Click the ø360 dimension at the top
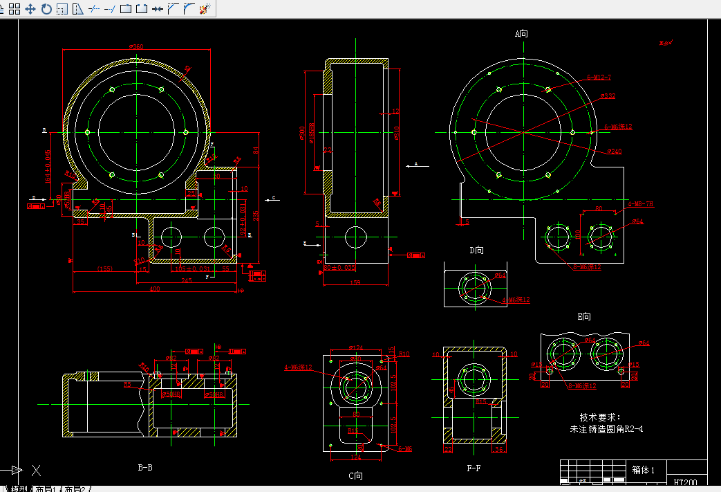(136, 47)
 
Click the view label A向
(521, 33)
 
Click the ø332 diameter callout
(607, 96)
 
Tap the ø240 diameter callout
(614, 151)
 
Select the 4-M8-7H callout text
(640, 205)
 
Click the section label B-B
(145, 468)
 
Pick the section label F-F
(474, 468)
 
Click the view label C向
(356, 475)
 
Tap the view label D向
(477, 250)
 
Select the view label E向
(585, 317)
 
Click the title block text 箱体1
(648, 469)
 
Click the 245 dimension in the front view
(187, 281)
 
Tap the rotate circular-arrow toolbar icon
(46, 9)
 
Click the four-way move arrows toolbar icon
(30, 9)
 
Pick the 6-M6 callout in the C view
(405, 449)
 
